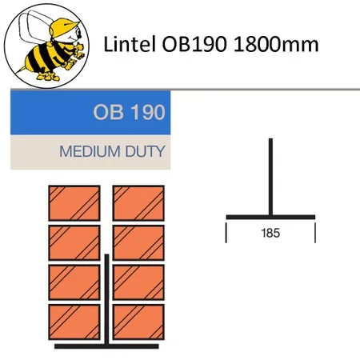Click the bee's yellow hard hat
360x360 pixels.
(x=63, y=26)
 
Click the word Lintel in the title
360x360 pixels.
(x=130, y=44)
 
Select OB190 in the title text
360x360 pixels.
(x=194, y=44)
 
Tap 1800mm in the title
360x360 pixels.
(x=276, y=44)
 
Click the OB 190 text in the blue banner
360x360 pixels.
(x=129, y=112)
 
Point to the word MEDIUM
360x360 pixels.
(x=90, y=151)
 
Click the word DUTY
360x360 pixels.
(x=146, y=151)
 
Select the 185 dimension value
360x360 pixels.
(x=270, y=233)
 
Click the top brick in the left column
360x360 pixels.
(x=74, y=203)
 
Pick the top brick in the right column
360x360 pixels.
(x=138, y=203)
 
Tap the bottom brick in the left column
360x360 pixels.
(x=74, y=322)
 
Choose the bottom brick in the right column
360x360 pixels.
(x=138, y=322)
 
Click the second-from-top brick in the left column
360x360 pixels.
(x=74, y=242)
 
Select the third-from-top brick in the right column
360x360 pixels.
(x=138, y=282)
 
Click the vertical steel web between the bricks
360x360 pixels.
(x=106, y=299)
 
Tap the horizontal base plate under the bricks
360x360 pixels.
(x=106, y=346)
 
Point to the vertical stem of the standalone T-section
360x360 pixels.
(x=270, y=177)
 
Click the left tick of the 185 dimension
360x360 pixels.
(x=226, y=233)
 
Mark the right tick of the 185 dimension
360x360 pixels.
(x=315, y=233)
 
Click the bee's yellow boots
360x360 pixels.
(x=48, y=77)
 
